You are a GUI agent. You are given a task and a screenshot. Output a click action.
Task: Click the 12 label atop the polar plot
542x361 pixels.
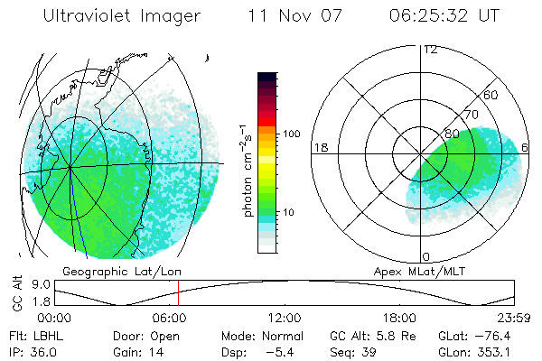pos(430,49)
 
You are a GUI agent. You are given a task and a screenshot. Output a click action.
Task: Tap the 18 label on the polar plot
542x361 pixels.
pos(320,147)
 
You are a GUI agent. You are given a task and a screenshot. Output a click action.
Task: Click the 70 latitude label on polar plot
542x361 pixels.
pos(472,115)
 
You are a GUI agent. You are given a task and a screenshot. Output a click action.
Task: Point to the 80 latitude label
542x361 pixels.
pos(452,134)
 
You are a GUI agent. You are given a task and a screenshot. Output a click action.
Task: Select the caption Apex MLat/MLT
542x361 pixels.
pos(425,271)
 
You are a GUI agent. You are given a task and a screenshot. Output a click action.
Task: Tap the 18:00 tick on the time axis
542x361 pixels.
pos(399,317)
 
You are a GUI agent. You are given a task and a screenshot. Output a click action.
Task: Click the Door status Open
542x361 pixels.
pos(165,335)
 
